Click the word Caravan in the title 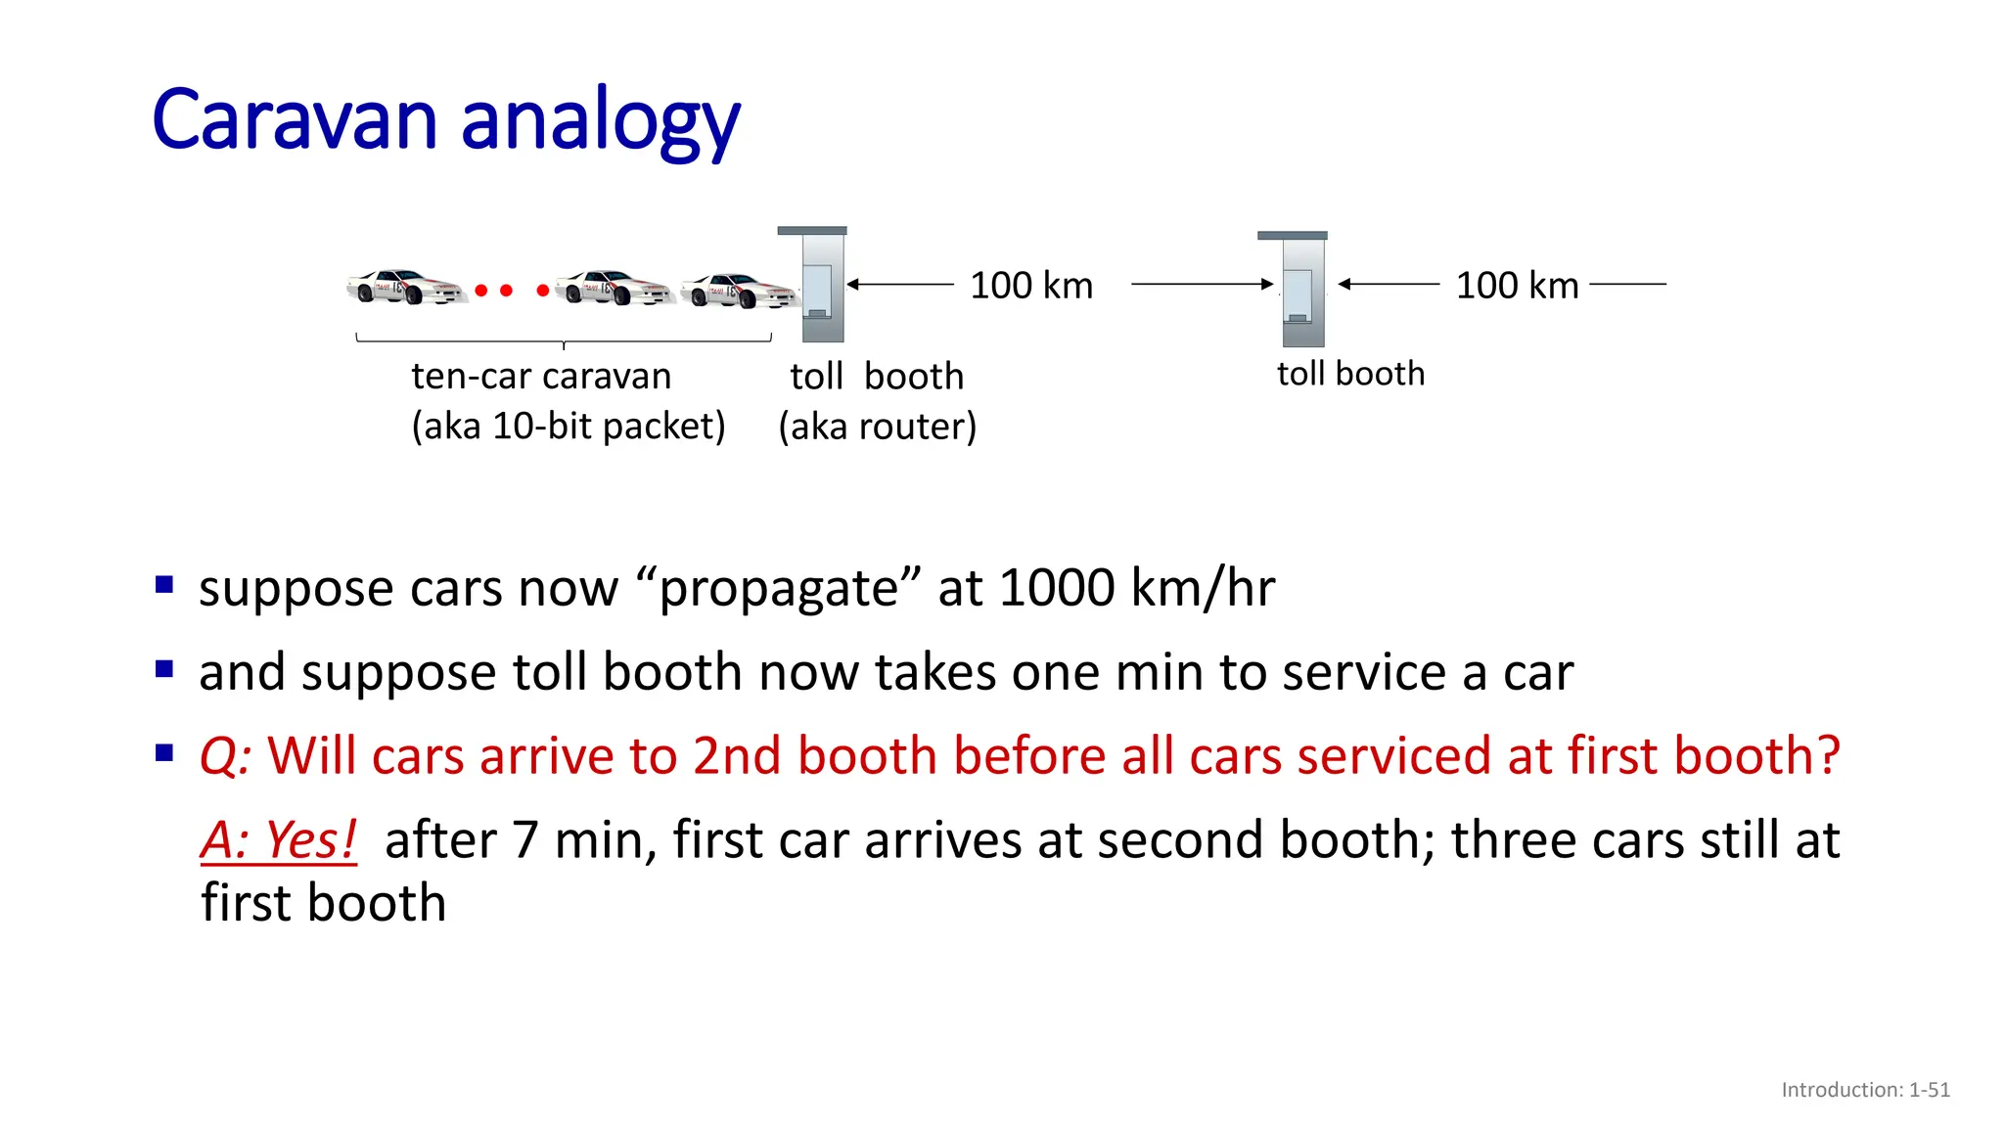[x=295, y=120]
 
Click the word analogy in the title [x=600, y=124]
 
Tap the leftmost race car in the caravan [x=404, y=288]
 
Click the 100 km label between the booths [x=1031, y=286]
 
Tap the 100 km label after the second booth [x=1517, y=286]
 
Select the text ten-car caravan [x=541, y=377]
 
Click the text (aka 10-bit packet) [x=569, y=427]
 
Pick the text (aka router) [x=878, y=427]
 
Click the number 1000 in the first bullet [x=1057, y=588]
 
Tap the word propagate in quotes [x=777, y=590]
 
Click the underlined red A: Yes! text [x=279, y=840]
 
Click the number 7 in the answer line [x=525, y=840]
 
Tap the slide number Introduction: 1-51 [x=1865, y=1090]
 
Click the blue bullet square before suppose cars [x=164, y=586]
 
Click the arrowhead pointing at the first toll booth [x=853, y=285]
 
